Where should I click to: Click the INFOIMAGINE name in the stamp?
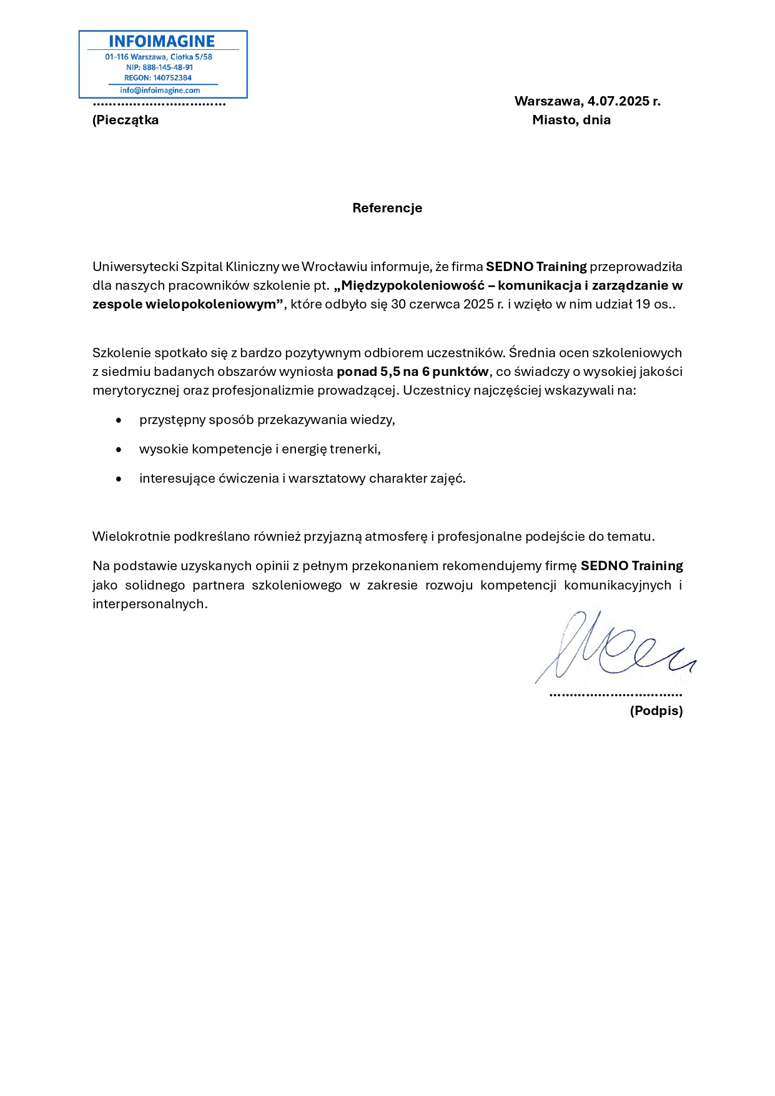pos(162,41)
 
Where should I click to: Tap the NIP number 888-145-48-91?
pos(167,67)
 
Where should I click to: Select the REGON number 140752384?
pos(172,78)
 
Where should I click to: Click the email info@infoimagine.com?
pos(160,91)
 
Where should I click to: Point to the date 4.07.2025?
pos(617,101)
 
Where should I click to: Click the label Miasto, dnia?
pos(571,120)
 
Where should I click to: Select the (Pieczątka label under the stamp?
pos(126,120)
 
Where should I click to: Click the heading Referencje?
pos(387,208)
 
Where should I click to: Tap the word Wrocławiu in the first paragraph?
pos(334,267)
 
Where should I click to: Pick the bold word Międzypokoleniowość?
pos(413,285)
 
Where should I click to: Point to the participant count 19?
pos(643,304)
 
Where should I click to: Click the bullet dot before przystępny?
pos(119,420)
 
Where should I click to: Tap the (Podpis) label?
pos(656,711)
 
